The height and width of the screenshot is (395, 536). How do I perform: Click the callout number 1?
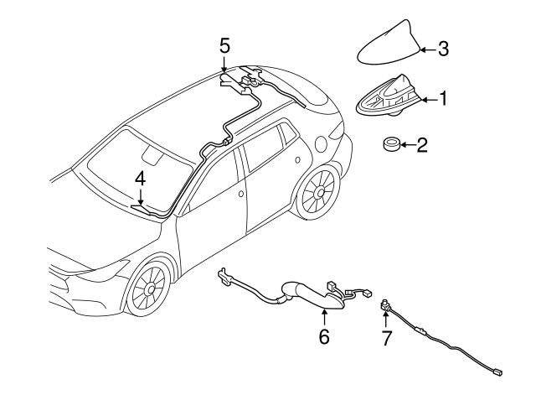(443, 99)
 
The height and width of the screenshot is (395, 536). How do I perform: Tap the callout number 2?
(422, 145)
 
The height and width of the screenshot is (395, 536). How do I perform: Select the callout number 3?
(443, 49)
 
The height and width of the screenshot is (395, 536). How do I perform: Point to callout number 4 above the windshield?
(140, 179)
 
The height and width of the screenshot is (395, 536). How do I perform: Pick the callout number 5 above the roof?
(224, 46)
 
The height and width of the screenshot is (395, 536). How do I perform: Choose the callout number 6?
(324, 336)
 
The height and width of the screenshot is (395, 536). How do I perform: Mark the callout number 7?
(386, 338)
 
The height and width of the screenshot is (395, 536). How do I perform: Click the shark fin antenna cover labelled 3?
(389, 44)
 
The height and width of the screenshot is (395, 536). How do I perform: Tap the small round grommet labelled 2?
(390, 144)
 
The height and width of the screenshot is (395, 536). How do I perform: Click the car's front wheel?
(149, 288)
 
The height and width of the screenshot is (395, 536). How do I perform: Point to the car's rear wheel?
(318, 193)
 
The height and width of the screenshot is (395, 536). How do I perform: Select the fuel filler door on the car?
(322, 145)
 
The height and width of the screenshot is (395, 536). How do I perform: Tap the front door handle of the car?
(240, 194)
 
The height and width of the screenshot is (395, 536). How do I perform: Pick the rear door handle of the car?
(298, 159)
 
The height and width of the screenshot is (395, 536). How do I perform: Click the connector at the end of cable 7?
(497, 372)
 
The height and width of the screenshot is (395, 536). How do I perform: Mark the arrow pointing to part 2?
(408, 145)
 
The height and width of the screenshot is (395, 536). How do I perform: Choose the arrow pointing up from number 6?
(324, 317)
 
